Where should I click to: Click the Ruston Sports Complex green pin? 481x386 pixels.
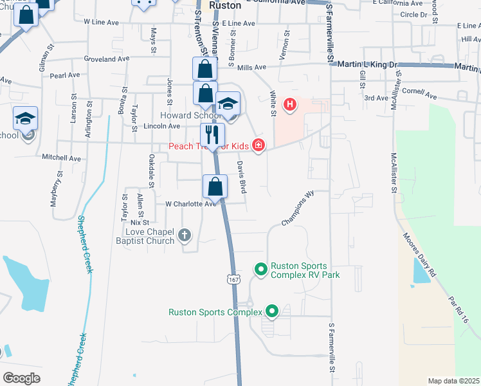click(271, 312)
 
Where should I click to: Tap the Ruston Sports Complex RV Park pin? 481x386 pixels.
click(260, 269)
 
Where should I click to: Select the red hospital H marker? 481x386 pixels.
click(290, 104)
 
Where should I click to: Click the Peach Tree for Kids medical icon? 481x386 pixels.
click(259, 145)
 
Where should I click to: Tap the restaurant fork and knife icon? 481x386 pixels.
click(212, 135)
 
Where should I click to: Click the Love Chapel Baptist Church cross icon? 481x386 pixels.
click(185, 235)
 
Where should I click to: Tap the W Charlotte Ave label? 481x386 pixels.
click(191, 204)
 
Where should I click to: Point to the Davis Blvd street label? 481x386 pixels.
click(242, 178)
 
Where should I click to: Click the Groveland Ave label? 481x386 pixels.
click(107, 59)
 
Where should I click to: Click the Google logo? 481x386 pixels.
click(21, 378)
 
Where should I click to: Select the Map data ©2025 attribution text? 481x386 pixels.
click(453, 381)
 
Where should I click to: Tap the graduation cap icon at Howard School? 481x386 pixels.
click(228, 104)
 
